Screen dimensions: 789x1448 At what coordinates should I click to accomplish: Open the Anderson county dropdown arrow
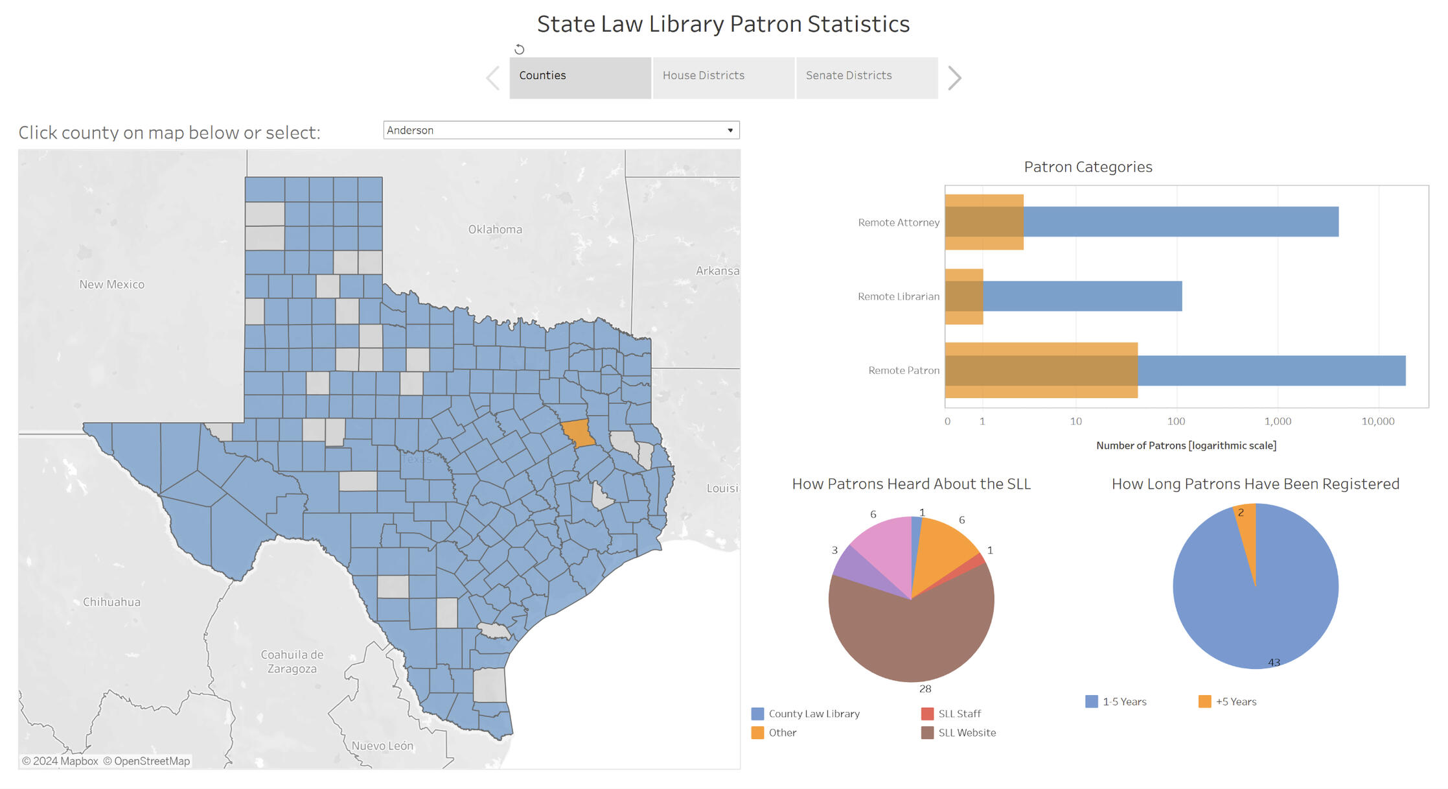(x=730, y=130)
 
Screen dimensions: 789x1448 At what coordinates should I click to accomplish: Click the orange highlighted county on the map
(x=577, y=433)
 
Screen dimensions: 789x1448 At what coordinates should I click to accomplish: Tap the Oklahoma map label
(x=495, y=230)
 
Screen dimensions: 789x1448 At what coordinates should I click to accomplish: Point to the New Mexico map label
(x=111, y=285)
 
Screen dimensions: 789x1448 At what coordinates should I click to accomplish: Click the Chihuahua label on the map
(x=111, y=602)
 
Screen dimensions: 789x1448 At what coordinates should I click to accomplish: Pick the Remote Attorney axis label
(x=898, y=223)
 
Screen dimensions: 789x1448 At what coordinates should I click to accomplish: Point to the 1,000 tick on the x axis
(x=1278, y=421)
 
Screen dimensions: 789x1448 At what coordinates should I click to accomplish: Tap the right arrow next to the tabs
(x=954, y=78)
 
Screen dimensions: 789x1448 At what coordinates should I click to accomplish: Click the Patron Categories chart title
(x=1088, y=167)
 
